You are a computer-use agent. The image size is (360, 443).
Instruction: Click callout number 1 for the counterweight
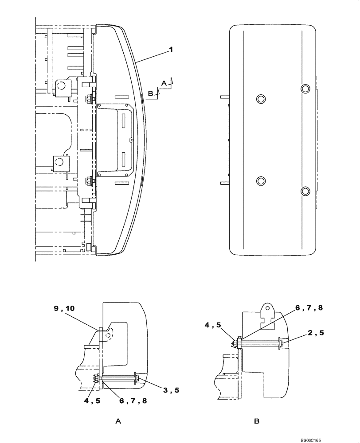pos(170,51)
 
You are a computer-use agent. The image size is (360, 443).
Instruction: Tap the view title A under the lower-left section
pos(118,422)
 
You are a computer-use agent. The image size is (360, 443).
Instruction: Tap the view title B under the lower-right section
pos(257,422)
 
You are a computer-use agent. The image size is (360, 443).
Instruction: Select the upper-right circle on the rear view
pos(305,89)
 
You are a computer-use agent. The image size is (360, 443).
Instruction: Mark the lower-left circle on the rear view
pos(260,180)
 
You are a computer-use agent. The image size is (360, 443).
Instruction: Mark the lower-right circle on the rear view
pos(305,191)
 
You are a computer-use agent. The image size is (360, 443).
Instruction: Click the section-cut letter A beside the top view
pos(164,83)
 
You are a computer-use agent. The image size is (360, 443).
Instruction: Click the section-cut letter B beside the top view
pos(150,93)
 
